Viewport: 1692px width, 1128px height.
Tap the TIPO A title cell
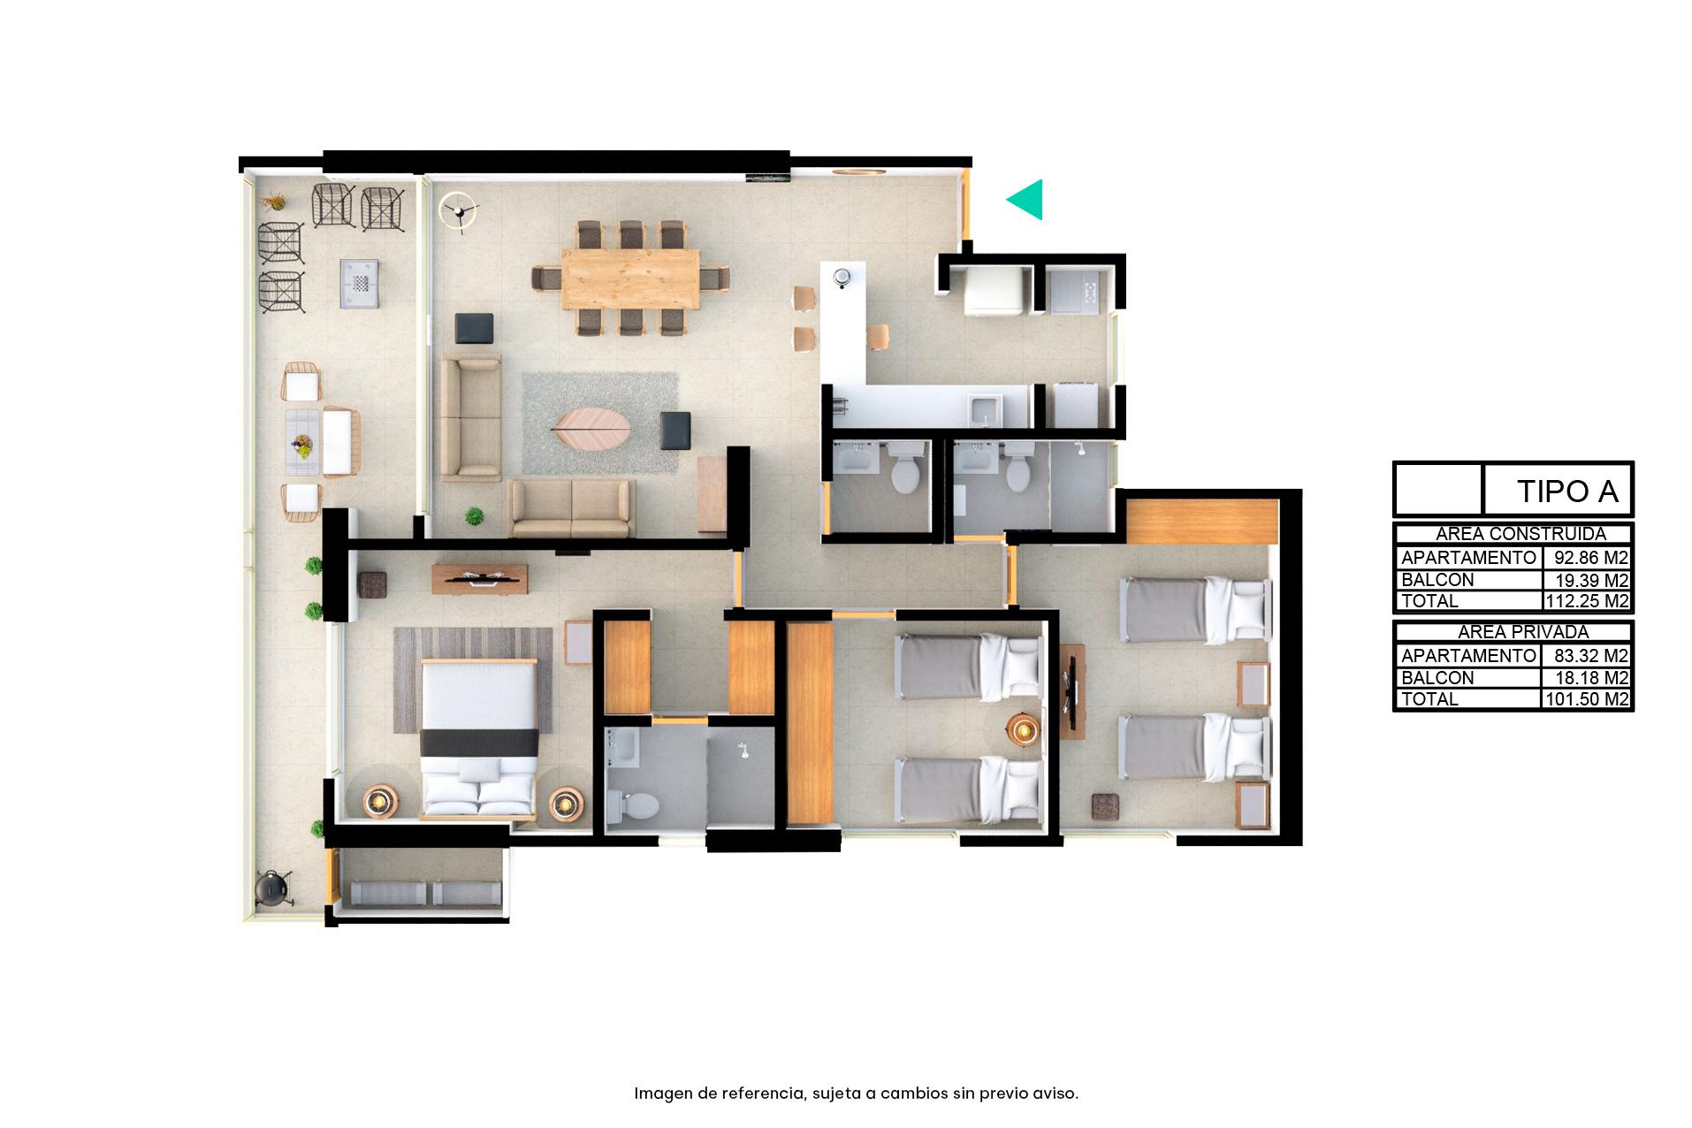coord(1567,491)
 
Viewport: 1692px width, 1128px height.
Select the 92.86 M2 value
coord(1591,558)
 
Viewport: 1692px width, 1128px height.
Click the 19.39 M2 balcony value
coord(1591,580)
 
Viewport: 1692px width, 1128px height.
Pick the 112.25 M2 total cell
coord(1587,601)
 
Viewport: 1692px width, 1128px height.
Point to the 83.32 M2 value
coord(1591,656)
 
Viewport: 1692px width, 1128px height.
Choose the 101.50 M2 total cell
coord(1587,699)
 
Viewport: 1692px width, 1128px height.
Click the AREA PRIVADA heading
coord(1512,632)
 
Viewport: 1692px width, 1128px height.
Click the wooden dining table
coord(630,278)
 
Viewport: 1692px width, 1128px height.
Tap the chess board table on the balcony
coord(361,283)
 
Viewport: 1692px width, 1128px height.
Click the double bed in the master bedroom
coord(478,736)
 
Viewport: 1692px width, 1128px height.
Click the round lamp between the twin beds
coord(1024,729)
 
